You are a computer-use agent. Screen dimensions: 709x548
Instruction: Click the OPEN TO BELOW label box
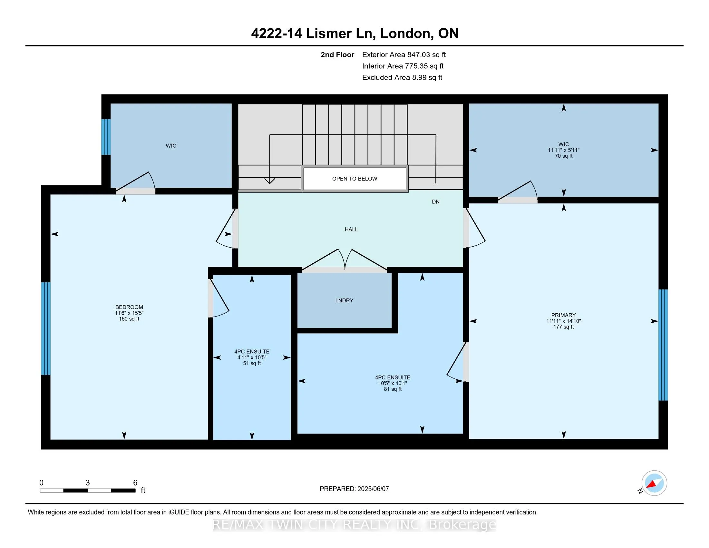[x=354, y=179]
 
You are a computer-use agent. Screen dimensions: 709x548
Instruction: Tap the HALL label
[x=351, y=230]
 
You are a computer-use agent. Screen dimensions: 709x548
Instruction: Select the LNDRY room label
[x=344, y=301]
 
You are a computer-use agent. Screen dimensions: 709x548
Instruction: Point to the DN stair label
[x=436, y=202]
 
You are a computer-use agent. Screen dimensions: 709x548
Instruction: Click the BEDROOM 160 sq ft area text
[x=129, y=319]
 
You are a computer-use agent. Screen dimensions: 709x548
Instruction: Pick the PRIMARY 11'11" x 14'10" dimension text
[x=564, y=321]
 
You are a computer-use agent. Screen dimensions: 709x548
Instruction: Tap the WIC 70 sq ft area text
[x=564, y=156]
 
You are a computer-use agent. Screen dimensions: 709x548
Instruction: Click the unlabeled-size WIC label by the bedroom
[x=171, y=146]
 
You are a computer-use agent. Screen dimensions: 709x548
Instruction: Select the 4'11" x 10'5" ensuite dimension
[x=252, y=357]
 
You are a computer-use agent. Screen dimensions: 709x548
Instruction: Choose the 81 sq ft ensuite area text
[x=393, y=389]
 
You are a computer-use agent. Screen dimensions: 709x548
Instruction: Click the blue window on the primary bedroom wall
[x=663, y=345]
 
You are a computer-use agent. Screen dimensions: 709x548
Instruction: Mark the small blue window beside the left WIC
[x=106, y=137]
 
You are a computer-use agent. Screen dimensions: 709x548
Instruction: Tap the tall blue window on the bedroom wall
[x=46, y=328]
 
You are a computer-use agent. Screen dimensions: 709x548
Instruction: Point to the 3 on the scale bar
[x=88, y=483]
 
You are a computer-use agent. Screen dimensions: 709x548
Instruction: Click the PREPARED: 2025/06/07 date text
[x=354, y=489]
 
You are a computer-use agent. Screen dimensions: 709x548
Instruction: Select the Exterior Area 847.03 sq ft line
[x=404, y=55]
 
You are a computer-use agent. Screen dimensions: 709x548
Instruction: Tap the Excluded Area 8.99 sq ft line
[x=402, y=78]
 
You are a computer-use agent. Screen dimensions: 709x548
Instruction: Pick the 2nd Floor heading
[x=337, y=55]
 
